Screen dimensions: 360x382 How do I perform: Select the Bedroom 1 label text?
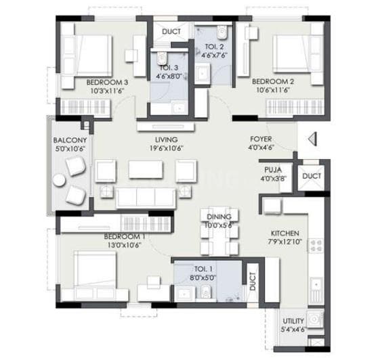(x=124, y=236)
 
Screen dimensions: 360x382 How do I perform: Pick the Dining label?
(x=219, y=217)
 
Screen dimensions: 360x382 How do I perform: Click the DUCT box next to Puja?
(x=312, y=177)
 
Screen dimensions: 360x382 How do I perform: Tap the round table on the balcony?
(x=60, y=181)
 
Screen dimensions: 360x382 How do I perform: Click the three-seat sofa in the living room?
(x=146, y=196)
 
